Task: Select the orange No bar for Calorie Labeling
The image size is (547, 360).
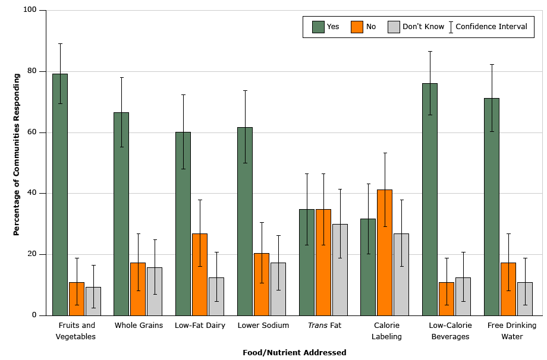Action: pyautogui.click(x=385, y=252)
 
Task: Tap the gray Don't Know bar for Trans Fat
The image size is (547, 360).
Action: pyautogui.click(x=340, y=270)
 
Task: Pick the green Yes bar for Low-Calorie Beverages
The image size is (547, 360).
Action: pyautogui.click(x=430, y=199)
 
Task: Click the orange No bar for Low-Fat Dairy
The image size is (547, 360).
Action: pyautogui.click(x=200, y=274)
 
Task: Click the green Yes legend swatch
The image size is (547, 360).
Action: pyautogui.click(x=318, y=27)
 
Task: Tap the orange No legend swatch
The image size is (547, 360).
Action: pyautogui.click(x=357, y=27)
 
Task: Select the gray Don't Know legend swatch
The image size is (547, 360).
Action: pyautogui.click(x=394, y=27)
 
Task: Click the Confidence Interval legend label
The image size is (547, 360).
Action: pyautogui.click(x=491, y=27)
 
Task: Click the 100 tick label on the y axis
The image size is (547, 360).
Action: pyautogui.click(x=30, y=10)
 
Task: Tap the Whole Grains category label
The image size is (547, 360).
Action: pyautogui.click(x=139, y=326)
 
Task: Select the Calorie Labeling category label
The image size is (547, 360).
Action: pyautogui.click(x=386, y=331)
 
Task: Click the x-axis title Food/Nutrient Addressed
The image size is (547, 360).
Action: pyautogui.click(x=294, y=352)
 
